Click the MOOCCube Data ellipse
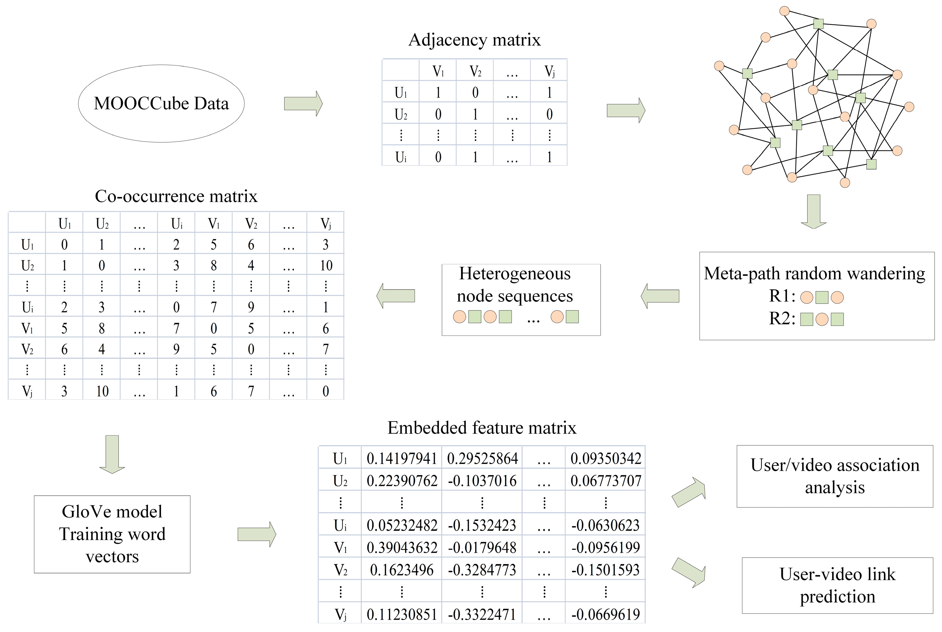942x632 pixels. pos(161,104)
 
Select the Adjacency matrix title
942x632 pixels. pos(474,40)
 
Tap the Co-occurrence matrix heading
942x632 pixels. pos(176,196)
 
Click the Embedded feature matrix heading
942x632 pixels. pos(482,428)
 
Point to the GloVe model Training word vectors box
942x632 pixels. pos(112,534)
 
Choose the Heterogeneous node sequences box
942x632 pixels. pos(521,300)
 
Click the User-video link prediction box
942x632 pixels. pos(837,585)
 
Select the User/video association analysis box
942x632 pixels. pos(834,476)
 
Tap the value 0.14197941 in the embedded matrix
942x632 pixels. pos(401,459)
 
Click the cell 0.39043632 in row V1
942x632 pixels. pos(401,548)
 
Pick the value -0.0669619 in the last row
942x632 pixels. pos(605,615)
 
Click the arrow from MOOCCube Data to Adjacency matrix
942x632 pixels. pos(303,104)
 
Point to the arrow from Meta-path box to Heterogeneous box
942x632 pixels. pos(660,296)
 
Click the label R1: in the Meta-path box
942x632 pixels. pos(782,296)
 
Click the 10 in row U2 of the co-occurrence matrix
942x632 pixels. pos(326,266)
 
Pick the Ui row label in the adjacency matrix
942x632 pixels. pos(400,157)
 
